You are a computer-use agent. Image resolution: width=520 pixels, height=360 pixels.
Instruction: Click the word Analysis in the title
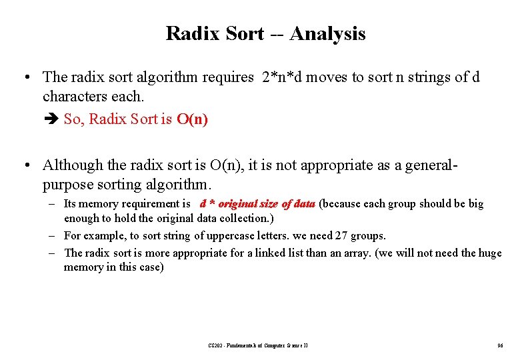click(328, 33)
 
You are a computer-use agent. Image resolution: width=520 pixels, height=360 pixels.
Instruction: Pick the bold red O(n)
click(192, 119)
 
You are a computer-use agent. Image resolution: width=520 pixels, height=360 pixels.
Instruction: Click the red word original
click(241, 204)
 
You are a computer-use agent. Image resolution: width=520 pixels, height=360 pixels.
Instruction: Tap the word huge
click(488, 253)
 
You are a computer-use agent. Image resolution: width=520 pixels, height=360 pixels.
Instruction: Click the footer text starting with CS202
click(257, 345)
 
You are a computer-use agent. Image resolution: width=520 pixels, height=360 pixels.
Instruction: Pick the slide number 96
click(500, 345)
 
